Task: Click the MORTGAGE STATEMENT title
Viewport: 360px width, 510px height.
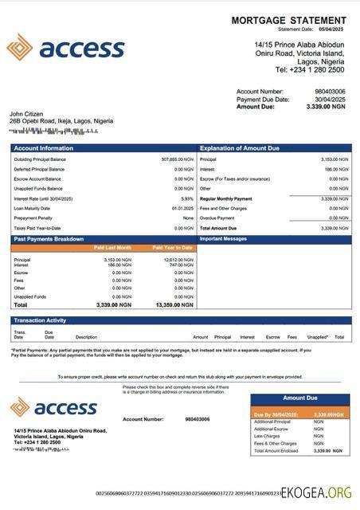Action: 288,20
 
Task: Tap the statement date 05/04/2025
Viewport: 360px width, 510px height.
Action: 332,29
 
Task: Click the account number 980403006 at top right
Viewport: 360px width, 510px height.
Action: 331,92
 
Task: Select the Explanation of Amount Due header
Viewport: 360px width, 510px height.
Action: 239,148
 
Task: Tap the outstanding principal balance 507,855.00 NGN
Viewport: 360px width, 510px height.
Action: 177,159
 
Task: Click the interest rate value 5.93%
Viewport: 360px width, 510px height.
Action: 187,198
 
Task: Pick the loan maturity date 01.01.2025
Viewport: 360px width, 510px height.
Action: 183,208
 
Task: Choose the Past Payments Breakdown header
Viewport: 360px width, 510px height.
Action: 48,238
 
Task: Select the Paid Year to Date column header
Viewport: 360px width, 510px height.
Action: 172,248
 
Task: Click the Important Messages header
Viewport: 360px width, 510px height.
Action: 224,238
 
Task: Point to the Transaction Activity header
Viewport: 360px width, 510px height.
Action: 40,320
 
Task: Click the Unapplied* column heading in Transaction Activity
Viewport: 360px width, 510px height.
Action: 317,337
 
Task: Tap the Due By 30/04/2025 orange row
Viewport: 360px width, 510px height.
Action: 299,414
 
